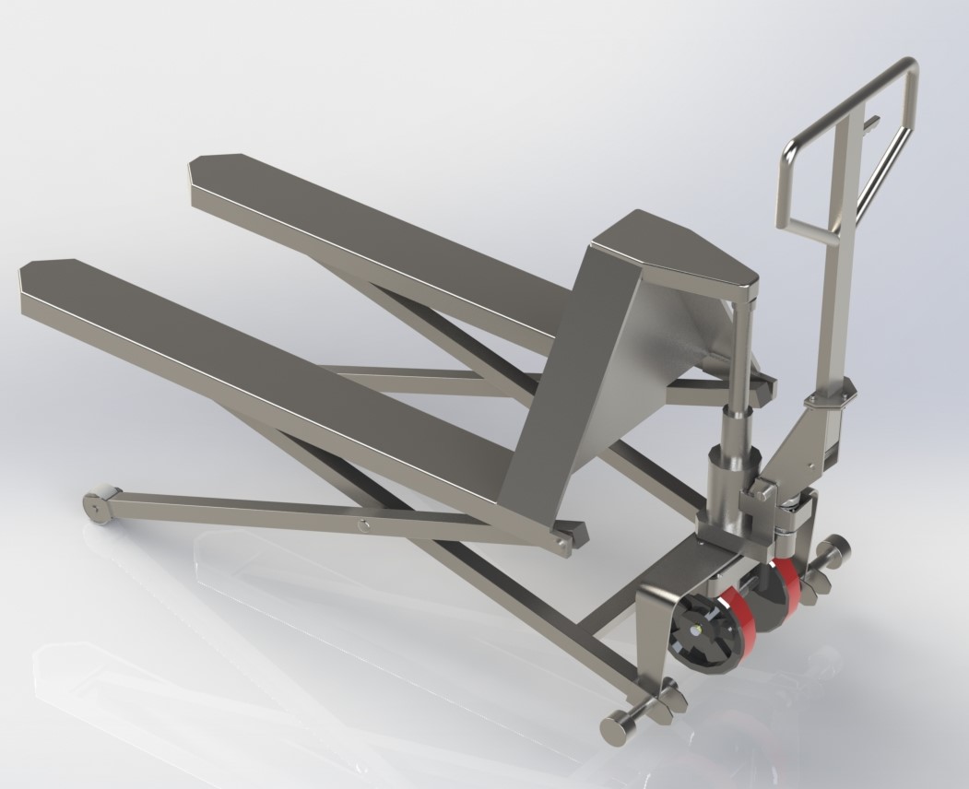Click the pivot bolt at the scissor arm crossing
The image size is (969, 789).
point(365,526)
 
